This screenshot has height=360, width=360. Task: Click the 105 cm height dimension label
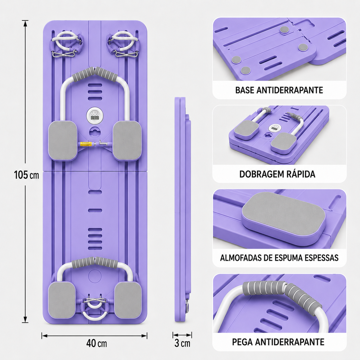26,175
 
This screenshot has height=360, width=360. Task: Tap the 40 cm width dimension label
96,343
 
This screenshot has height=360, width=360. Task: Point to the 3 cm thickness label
182,343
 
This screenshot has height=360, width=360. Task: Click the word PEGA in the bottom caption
243,342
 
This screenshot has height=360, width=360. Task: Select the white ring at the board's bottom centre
94,319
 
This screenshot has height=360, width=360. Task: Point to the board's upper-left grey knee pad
63,140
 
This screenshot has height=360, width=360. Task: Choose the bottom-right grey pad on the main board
128,300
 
